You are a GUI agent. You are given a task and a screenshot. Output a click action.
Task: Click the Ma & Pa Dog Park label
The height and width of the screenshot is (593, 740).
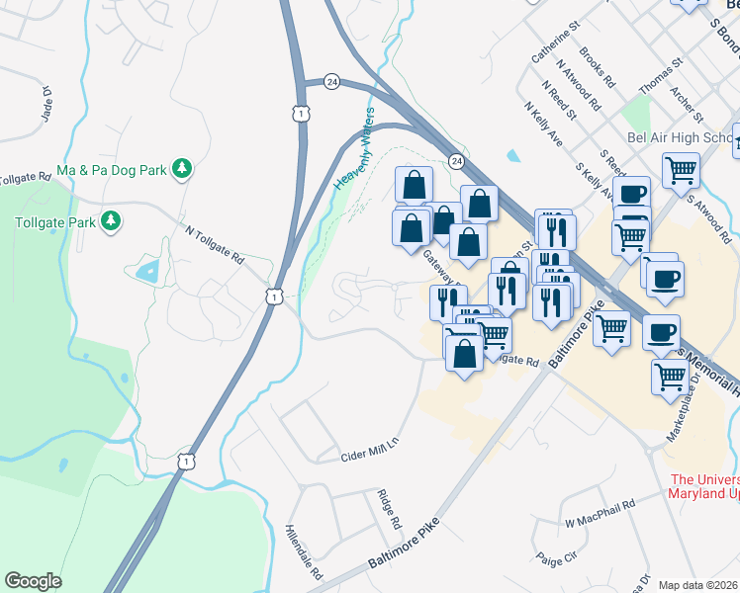point(110,170)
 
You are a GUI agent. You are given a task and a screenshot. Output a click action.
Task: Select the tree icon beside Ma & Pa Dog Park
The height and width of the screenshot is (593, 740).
point(181,170)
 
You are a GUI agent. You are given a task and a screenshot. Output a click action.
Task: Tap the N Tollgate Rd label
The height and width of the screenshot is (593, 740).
point(215,244)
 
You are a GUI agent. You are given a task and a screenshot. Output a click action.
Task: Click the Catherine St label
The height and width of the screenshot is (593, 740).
point(553,46)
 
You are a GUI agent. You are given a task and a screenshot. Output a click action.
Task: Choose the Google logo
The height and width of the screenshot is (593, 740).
point(34,581)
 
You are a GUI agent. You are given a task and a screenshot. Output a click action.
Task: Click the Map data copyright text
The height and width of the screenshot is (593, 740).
point(698,585)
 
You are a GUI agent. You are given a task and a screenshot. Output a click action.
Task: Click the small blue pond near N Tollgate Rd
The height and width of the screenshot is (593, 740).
point(148,271)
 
